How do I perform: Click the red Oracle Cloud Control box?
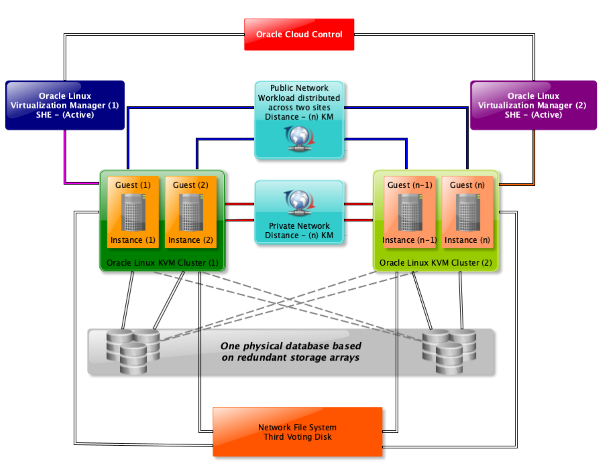[x=299, y=35]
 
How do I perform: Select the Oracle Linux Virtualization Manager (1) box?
[x=65, y=105]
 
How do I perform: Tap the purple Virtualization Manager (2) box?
[x=533, y=105]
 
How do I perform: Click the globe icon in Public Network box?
[x=299, y=138]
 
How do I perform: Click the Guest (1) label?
[x=133, y=185]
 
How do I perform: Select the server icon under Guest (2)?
[x=191, y=212]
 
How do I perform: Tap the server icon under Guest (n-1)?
[x=410, y=212]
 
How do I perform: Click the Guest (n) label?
[x=467, y=185]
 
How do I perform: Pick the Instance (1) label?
[x=133, y=240]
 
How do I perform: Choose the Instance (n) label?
[x=467, y=240]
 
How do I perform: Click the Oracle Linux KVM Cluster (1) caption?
[x=162, y=263]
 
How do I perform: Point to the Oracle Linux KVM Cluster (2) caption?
[x=435, y=263]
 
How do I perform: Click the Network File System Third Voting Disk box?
[x=297, y=432]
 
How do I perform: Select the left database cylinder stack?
[x=133, y=351]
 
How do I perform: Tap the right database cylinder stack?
[x=449, y=351]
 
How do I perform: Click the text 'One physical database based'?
[x=291, y=346]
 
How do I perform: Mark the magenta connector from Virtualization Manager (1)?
[x=65, y=161]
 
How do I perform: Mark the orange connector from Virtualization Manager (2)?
[x=534, y=161]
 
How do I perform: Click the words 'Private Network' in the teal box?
[x=299, y=226]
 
